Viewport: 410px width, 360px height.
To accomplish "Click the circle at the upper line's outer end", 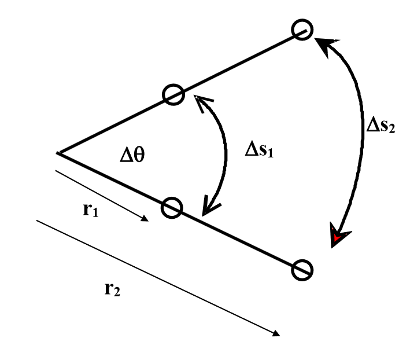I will click(x=301, y=30).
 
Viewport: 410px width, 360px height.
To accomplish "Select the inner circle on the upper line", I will click(x=172, y=94).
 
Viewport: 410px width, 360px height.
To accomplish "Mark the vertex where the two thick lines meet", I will click(x=58, y=153).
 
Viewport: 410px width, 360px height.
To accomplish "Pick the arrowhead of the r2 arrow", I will click(x=276, y=333).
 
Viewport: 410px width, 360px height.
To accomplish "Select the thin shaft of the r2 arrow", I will click(x=156, y=276).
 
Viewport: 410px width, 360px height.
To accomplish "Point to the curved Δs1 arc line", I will click(x=223, y=153).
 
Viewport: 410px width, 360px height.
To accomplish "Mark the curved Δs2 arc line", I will click(x=358, y=139).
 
